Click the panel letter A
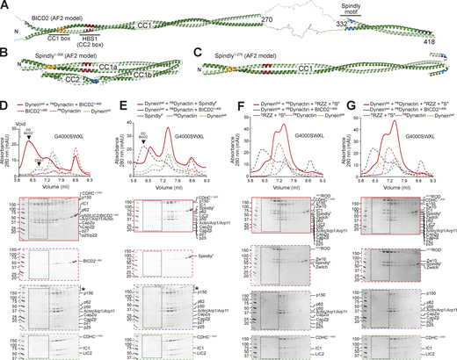click(x=5, y=5)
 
